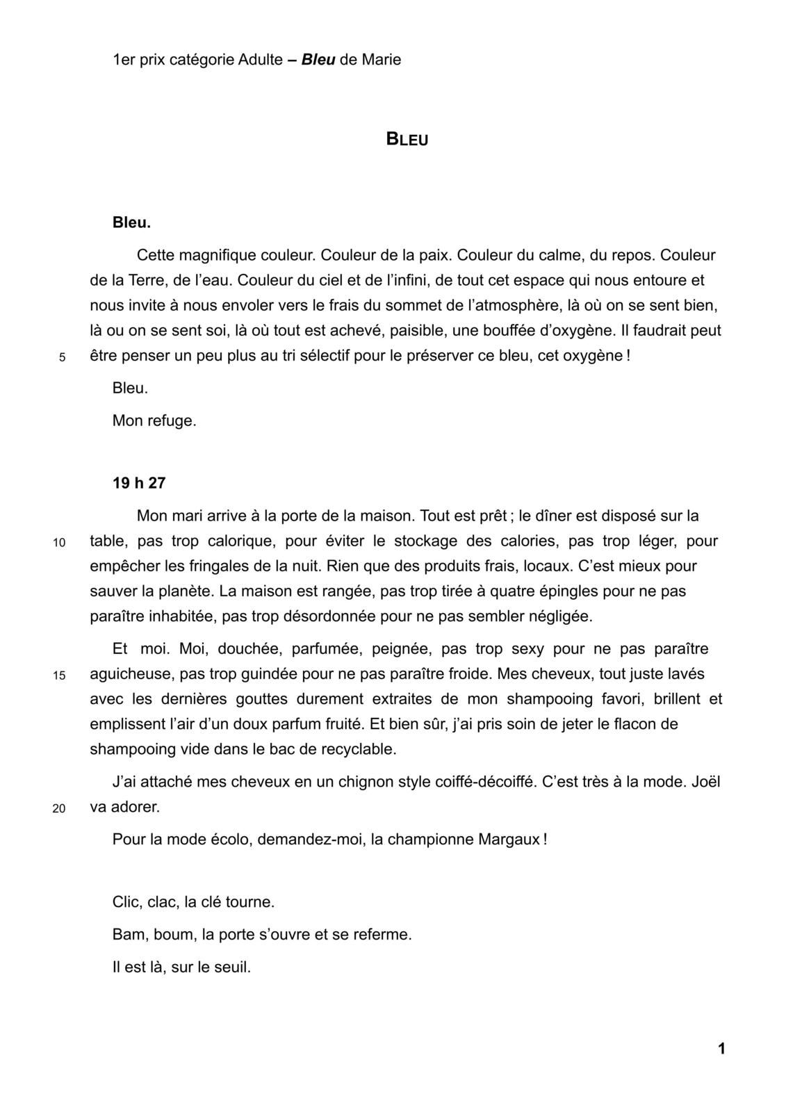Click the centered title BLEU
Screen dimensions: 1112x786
pyautogui.click(x=407, y=139)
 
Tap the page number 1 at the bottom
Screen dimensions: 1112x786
pyautogui.click(x=721, y=1049)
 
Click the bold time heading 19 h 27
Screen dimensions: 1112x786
pyautogui.click(x=139, y=483)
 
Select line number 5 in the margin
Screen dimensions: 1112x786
pyautogui.click(x=62, y=357)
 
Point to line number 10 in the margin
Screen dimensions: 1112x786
pyautogui.click(x=59, y=542)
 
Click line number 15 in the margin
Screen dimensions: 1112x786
pyautogui.click(x=59, y=675)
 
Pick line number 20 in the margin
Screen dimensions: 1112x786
pyautogui.click(x=59, y=808)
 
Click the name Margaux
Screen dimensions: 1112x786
pyautogui.click(x=509, y=840)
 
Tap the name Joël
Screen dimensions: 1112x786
pyautogui.click(x=705, y=782)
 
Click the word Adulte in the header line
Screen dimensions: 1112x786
pyautogui.click(x=260, y=60)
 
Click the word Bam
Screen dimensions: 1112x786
pyautogui.click(x=129, y=935)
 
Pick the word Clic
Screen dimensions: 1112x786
pyautogui.click(x=127, y=903)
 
